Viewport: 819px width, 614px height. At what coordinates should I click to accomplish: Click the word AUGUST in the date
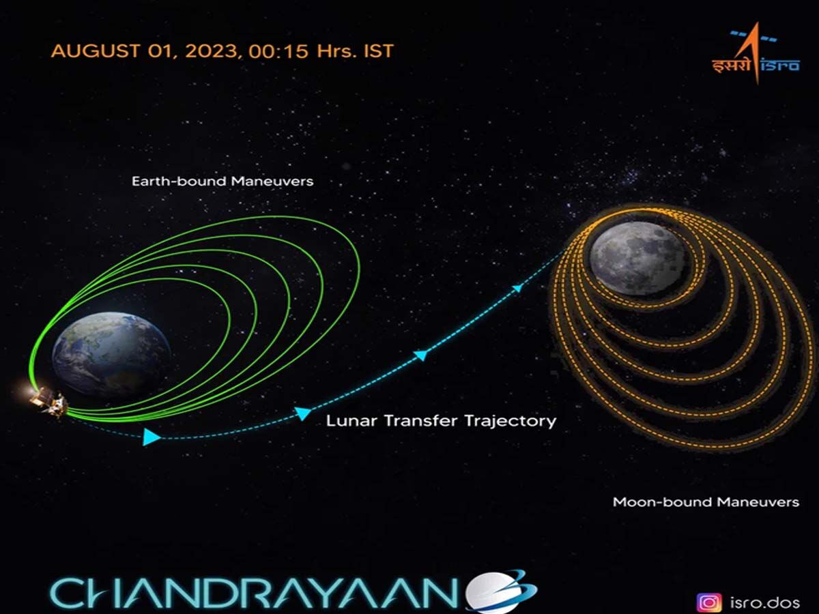(x=96, y=51)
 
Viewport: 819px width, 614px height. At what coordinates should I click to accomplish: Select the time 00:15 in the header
(x=278, y=51)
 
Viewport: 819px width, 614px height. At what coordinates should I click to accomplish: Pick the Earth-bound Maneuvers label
(x=222, y=181)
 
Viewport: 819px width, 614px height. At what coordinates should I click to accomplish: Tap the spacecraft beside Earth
(x=48, y=402)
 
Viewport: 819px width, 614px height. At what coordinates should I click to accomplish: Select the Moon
(x=637, y=258)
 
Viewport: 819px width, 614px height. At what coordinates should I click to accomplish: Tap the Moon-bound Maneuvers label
(x=706, y=502)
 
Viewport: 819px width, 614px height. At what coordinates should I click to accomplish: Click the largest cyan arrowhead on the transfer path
(x=152, y=437)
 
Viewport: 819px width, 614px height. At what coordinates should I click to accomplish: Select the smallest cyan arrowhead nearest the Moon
(x=517, y=288)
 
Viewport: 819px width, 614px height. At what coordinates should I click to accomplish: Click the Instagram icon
(x=709, y=603)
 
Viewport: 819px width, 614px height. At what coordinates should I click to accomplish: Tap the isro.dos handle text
(x=765, y=603)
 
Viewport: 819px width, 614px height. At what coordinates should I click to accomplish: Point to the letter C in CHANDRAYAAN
(x=69, y=594)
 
